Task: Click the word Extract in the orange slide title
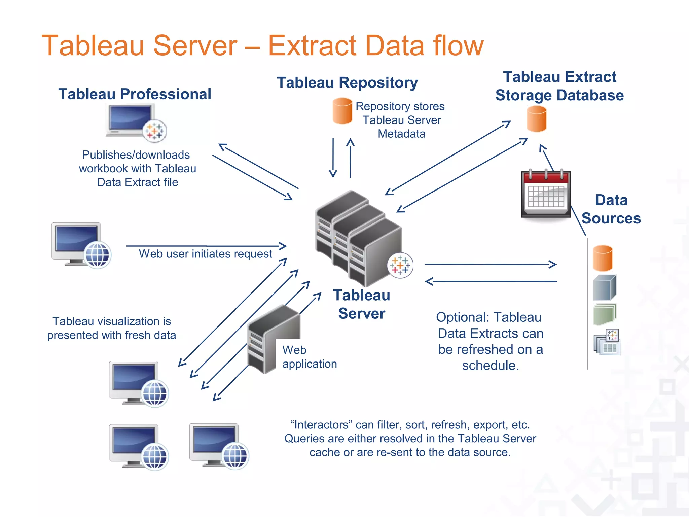point(312,46)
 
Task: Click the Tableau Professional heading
point(135,94)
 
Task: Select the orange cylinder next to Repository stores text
point(342,111)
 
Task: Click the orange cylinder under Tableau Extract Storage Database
point(536,119)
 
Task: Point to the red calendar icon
point(546,194)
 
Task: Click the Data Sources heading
point(611,209)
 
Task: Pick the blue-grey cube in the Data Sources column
point(604,288)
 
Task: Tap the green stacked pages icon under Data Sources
point(604,314)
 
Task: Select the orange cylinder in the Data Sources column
point(602,258)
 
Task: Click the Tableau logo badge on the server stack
point(400,265)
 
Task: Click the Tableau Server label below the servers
point(362,304)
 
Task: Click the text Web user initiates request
point(205,254)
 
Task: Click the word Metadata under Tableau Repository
point(401,134)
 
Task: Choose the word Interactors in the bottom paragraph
point(321,425)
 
